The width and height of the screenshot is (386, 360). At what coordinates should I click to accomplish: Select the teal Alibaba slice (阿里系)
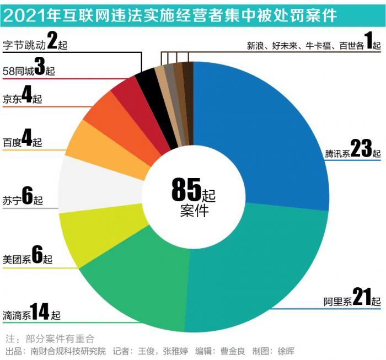click(259, 265)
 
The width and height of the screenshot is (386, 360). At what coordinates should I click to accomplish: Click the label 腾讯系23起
click(353, 151)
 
